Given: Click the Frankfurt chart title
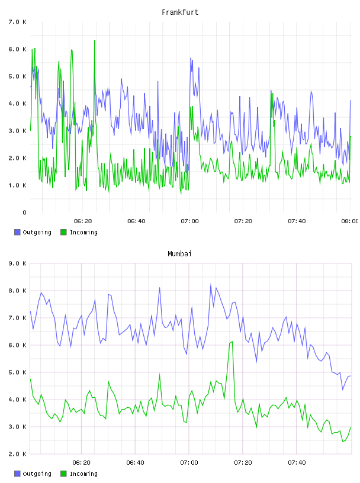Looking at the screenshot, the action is pos(180,12).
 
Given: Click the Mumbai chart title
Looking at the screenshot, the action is pos(179,254).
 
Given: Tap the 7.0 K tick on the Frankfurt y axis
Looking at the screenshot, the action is pos(17,22).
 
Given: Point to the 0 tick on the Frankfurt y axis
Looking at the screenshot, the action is pos(24,212).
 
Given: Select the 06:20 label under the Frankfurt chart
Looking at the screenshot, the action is pos(83,221).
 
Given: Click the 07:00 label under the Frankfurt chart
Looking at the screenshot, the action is pos(190,221).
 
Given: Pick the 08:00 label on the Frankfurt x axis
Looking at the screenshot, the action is pos(350,221).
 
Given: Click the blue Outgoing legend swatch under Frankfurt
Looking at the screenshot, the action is pos(17,232).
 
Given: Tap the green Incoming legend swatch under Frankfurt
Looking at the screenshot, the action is pos(63,232).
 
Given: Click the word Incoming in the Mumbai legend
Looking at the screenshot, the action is pos(83,474).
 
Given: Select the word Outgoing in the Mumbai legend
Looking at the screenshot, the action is pos(37,474).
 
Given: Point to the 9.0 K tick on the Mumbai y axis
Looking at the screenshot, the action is pos(17,263).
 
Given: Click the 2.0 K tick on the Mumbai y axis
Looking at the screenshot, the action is pos(17,454).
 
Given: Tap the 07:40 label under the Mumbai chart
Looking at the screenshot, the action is pos(297,462).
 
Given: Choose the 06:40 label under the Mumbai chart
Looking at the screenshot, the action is pos(136,462).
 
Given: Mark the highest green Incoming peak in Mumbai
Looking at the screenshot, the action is pos(232,342).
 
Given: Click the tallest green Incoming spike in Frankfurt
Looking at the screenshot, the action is pos(95,41).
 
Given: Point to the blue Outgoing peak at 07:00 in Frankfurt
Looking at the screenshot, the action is pos(191,58).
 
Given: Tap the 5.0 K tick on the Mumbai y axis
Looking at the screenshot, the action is pos(17,372).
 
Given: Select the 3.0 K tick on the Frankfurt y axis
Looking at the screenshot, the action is pos(17,131).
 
